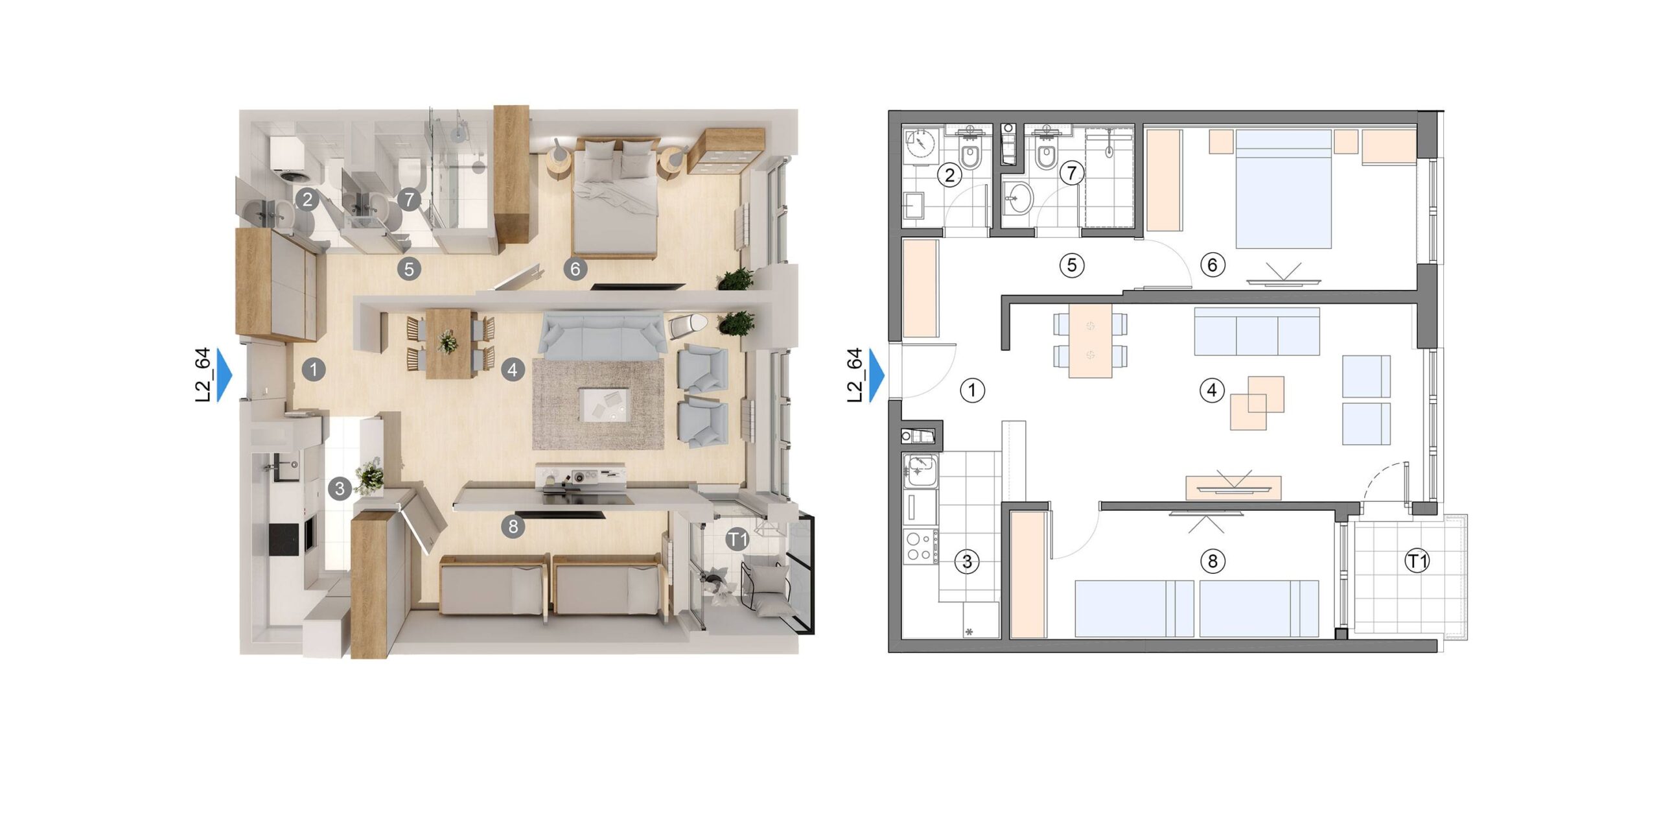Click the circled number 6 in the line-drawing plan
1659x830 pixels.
[x=1212, y=265]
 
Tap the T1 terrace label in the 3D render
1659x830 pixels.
[x=737, y=539]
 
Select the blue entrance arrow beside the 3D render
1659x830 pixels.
[x=224, y=375]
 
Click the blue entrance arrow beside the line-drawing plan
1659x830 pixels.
[x=877, y=375]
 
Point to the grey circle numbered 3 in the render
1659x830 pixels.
[x=340, y=488]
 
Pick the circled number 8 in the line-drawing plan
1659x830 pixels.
[x=1212, y=561]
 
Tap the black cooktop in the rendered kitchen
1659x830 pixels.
[x=286, y=539]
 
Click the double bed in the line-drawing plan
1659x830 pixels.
[x=1283, y=189]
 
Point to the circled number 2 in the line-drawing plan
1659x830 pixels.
[x=950, y=175]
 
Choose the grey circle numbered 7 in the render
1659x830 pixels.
[x=409, y=199]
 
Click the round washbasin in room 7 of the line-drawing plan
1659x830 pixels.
[x=1017, y=196]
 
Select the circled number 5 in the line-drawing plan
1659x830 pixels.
[x=1072, y=265]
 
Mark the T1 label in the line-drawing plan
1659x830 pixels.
[x=1417, y=561]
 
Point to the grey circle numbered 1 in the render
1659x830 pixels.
[x=314, y=370]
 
